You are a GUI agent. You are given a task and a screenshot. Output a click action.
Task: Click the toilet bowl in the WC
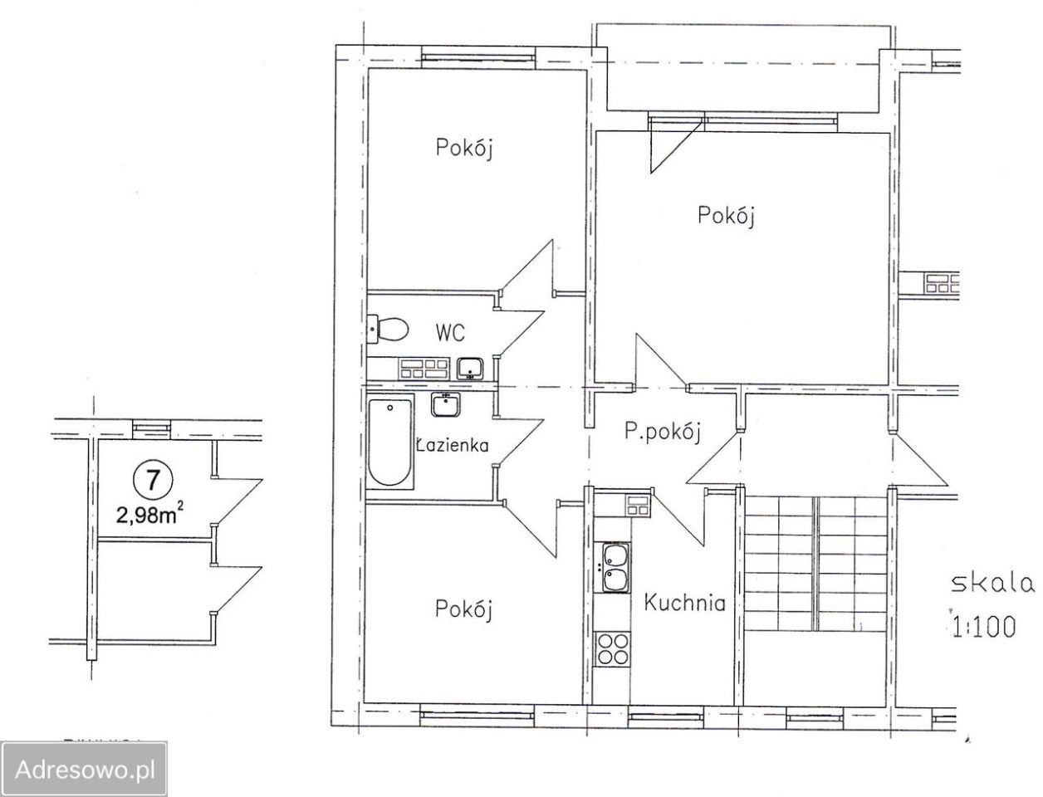click(388, 328)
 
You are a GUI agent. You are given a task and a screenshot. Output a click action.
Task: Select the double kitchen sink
click(616, 568)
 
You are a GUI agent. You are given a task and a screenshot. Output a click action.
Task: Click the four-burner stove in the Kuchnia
click(611, 649)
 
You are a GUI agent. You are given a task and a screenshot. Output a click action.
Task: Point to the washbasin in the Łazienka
click(445, 405)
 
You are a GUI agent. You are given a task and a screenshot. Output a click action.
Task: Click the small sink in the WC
click(470, 369)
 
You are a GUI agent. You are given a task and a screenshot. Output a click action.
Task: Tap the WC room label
click(450, 332)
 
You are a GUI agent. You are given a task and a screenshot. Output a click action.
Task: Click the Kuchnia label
click(685, 603)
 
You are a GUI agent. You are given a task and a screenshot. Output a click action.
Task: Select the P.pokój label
click(663, 433)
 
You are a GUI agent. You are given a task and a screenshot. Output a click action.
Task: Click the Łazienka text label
click(453, 445)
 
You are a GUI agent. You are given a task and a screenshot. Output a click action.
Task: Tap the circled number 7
click(152, 481)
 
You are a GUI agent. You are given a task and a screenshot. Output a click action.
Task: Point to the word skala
click(992, 584)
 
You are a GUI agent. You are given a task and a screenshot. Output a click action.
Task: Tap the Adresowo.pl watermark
click(85, 770)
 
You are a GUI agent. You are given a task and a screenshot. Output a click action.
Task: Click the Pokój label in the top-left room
click(463, 148)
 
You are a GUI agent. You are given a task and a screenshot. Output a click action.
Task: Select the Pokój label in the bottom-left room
click(463, 609)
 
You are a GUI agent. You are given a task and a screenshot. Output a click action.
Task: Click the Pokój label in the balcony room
click(726, 215)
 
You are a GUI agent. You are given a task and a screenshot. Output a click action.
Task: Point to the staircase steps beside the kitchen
click(815, 564)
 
